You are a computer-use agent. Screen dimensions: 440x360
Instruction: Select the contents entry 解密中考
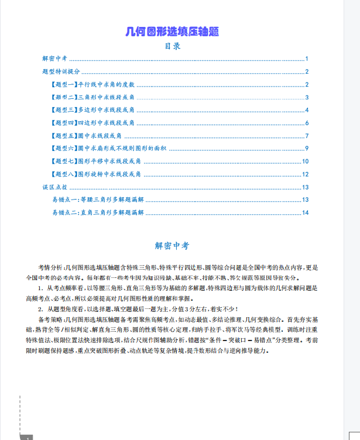pos(55,59)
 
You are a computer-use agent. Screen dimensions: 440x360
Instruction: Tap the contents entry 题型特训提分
pos(61,71)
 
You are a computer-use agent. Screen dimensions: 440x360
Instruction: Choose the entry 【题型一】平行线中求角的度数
pos(94,84)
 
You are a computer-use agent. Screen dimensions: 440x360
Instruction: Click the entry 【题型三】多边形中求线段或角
pos(94,110)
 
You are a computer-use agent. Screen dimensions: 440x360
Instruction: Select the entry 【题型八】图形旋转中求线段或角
pos(97,174)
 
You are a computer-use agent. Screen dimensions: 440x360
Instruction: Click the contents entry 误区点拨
pos(54,187)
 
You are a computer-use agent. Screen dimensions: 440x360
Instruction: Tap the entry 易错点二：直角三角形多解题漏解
pos(98,212)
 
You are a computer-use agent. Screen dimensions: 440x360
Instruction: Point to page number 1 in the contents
pos(307,59)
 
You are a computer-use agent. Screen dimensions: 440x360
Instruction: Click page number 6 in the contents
pos(307,123)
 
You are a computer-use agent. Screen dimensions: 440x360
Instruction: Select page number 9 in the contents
pos(307,149)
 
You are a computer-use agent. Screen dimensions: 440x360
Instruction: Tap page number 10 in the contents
pos(305,161)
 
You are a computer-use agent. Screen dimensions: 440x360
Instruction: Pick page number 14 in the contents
pos(305,212)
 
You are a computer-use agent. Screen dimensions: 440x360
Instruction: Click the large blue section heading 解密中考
pos(172,246)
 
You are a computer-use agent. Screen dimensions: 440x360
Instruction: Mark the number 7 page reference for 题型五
pos(307,136)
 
